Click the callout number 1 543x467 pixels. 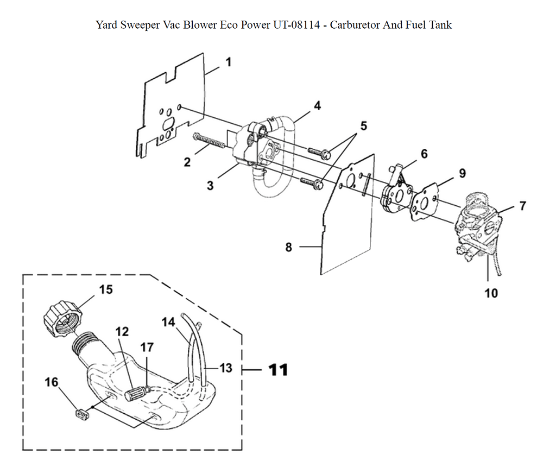pos(228,62)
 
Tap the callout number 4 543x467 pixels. pos(317,105)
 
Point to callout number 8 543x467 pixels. pos(288,248)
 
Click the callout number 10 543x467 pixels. pos(490,293)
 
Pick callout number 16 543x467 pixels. pos(51,382)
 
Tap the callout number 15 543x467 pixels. pos(106,289)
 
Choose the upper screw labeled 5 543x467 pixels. pos(317,153)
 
